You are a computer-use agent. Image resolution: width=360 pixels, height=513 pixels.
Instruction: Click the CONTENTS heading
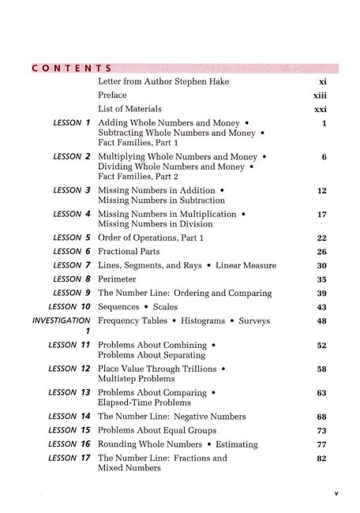[70, 68]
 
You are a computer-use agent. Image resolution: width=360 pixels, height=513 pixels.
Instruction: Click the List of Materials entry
[129, 108]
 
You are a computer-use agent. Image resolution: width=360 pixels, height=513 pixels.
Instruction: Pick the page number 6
[324, 157]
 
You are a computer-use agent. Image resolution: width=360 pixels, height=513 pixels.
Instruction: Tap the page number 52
[321, 346]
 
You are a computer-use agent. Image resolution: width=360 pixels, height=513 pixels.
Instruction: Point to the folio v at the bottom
[336, 494]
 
